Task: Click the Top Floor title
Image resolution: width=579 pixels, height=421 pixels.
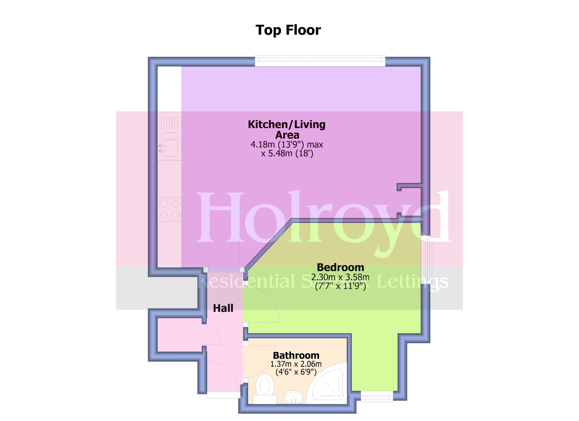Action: tap(288, 30)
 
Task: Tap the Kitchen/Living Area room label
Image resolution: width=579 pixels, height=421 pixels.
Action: tap(286, 129)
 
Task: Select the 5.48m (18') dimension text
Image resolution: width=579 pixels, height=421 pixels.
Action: tap(287, 154)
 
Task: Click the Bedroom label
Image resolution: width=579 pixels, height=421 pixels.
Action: tap(340, 267)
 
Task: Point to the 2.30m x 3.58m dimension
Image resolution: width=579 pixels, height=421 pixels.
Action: tap(340, 277)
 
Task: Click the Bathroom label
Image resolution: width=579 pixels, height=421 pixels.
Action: tap(296, 355)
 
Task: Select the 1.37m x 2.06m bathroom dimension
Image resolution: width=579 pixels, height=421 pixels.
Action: tap(296, 364)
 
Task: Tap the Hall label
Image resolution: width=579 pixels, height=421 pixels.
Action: tap(223, 308)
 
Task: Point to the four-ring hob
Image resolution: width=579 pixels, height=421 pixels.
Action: tap(169, 209)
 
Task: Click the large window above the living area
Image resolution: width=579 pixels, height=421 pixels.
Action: tap(320, 61)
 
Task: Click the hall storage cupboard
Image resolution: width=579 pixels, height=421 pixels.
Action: tap(179, 335)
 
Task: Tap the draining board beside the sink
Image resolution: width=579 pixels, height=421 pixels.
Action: tap(169, 122)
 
